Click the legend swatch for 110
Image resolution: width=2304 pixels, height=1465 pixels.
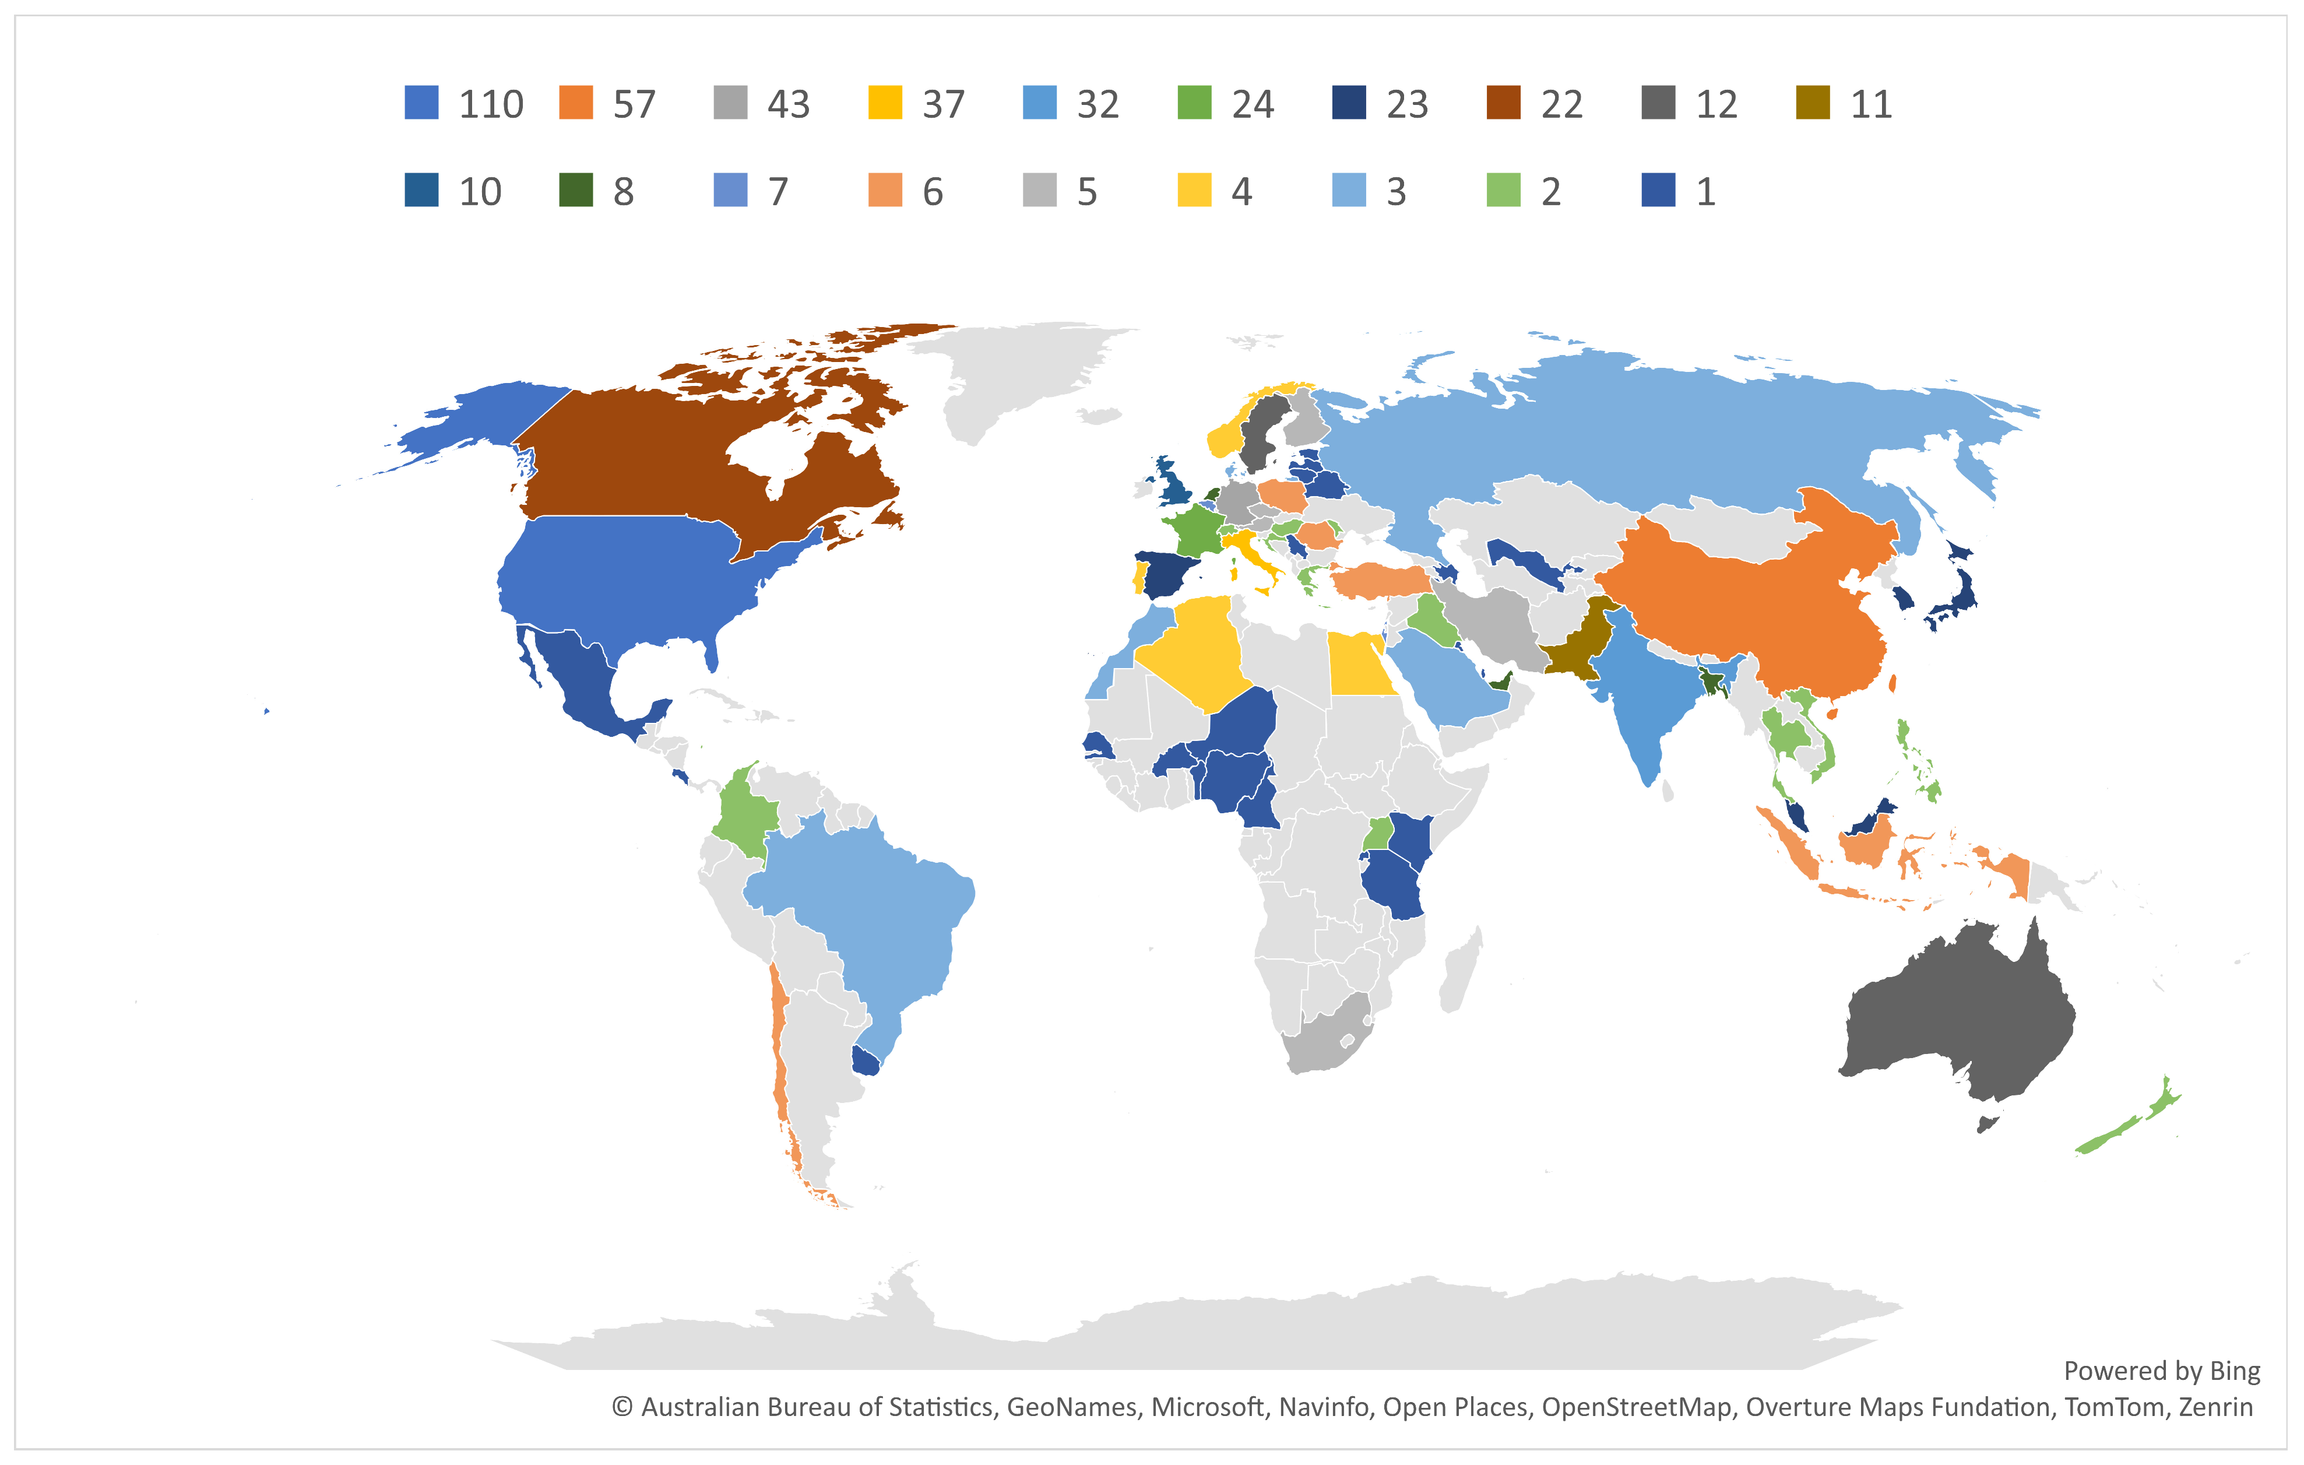(x=421, y=103)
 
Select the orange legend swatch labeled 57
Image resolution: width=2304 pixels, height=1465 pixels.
(x=576, y=103)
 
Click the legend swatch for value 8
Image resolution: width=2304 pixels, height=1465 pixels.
(x=576, y=191)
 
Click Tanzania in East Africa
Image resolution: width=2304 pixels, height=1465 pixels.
(x=1392, y=885)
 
